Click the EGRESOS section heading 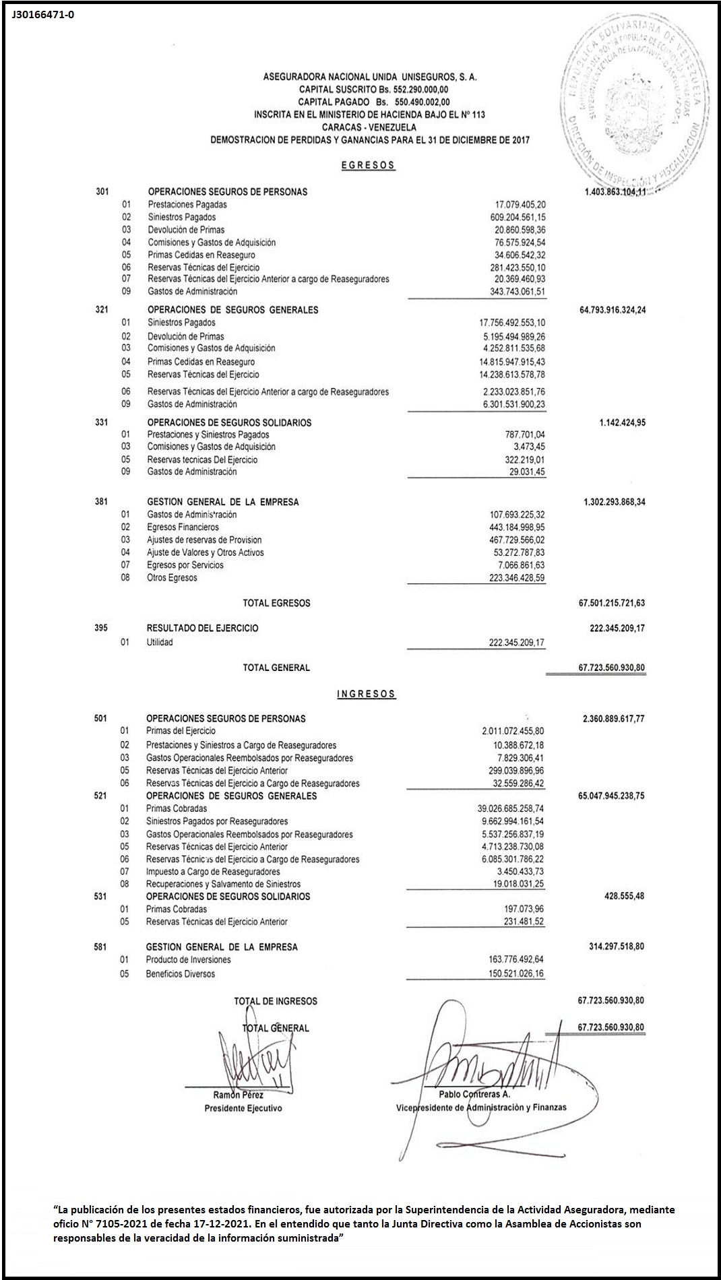(368, 165)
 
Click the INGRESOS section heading (367, 694)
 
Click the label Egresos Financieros (183, 527)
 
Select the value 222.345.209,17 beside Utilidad (517, 643)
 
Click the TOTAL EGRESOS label (276, 603)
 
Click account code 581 (100, 947)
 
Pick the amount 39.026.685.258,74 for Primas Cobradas (510, 808)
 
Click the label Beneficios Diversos (181, 974)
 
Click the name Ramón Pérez (238, 1095)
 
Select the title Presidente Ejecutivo (243, 1108)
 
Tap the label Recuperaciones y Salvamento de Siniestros (223, 884)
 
